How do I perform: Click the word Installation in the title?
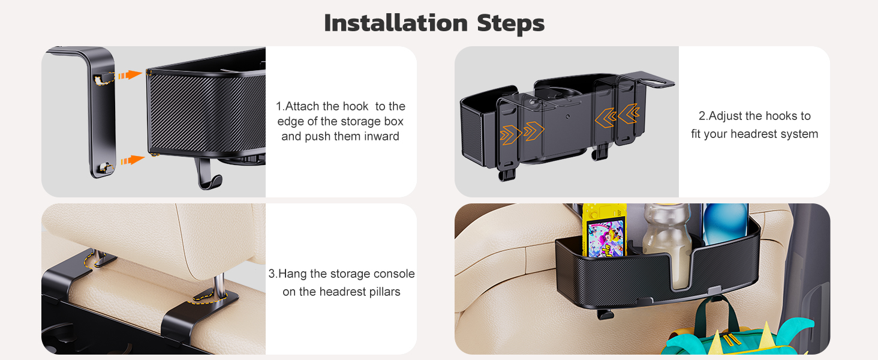pos(396,23)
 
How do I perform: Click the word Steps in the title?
pos(511,24)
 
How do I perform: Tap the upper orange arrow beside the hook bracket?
pos(130,75)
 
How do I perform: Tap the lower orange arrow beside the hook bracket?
pos(133,160)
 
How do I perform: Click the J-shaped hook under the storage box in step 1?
pos(208,174)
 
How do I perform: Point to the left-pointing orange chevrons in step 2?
pos(617,116)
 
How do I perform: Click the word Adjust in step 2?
pos(725,116)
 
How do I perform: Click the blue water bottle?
pos(725,223)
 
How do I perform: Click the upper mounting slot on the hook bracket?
pos(103,79)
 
